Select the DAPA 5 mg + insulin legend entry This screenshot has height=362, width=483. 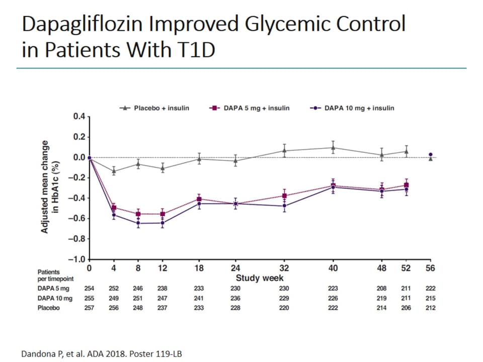click(249, 108)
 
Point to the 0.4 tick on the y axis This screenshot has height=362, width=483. click(78, 117)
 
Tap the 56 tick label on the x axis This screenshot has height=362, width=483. click(430, 268)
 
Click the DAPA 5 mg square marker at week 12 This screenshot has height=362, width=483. click(163, 214)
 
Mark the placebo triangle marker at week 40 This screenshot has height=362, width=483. click(333, 148)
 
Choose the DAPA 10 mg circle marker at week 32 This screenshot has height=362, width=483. click(284, 206)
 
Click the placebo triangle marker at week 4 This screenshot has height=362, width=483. click(114, 171)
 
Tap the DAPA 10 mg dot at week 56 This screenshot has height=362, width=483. click(430, 155)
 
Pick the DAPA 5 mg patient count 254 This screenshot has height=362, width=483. click(89, 289)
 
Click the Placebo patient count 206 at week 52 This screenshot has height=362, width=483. click(406, 308)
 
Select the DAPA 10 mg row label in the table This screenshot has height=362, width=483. click(55, 298)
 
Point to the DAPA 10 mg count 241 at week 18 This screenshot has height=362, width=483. click(199, 298)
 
